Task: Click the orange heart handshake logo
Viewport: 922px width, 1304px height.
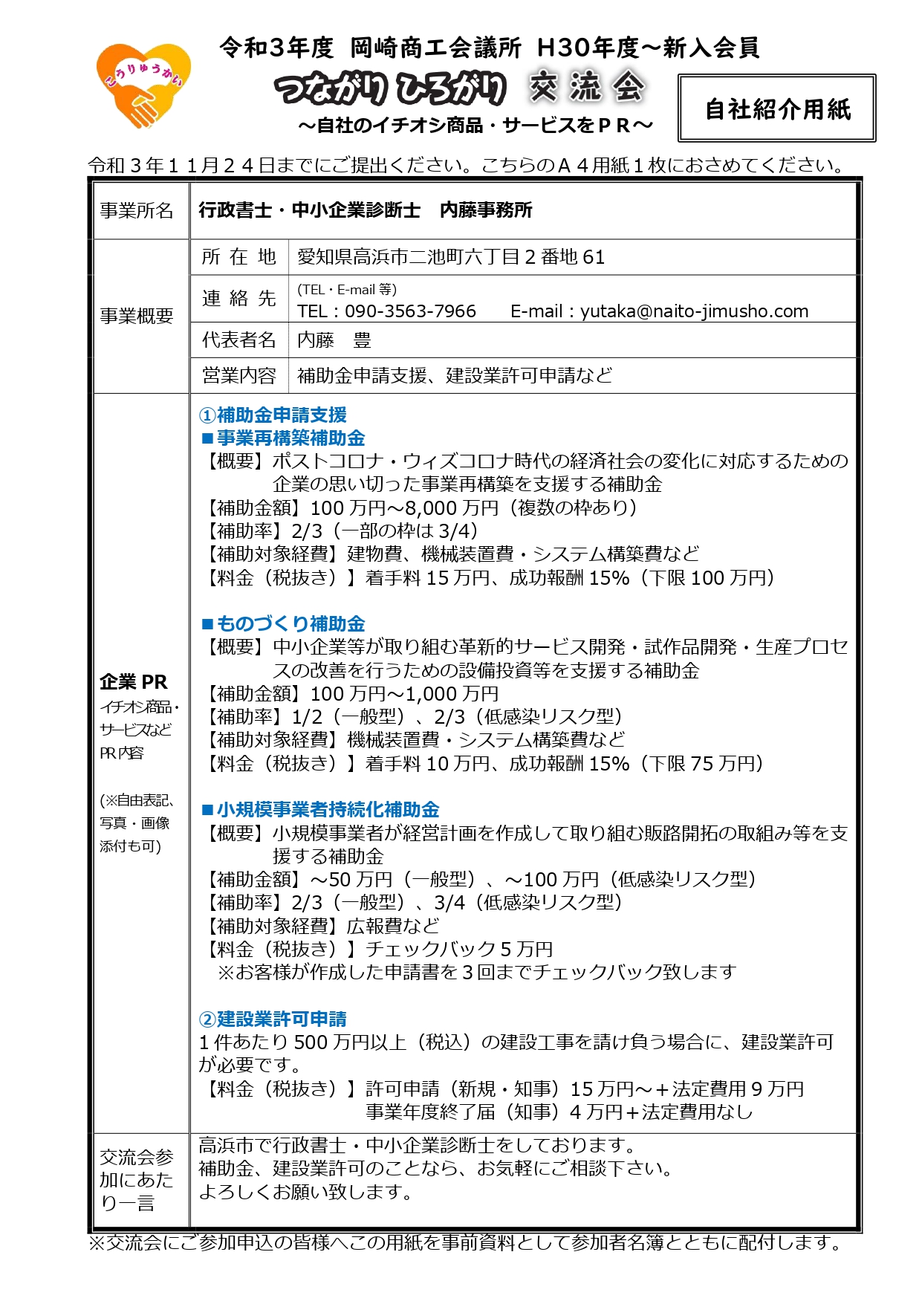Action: click(143, 86)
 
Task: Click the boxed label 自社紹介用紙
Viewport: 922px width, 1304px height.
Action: click(777, 109)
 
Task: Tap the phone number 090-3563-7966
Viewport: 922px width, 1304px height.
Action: click(410, 311)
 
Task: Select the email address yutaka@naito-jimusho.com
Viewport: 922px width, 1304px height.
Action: click(694, 311)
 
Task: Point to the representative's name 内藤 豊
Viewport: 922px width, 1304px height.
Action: click(334, 340)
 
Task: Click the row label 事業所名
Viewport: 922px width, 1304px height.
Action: click(137, 211)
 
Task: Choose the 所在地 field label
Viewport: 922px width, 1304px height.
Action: click(238, 257)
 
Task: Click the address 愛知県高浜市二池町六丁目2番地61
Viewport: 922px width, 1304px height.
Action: click(451, 257)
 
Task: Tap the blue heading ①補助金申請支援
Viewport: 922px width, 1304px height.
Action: click(273, 415)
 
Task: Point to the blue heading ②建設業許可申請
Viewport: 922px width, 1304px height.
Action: click(273, 1019)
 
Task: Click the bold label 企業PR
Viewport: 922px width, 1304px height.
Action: click(134, 681)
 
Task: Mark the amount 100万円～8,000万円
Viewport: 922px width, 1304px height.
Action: click(404, 508)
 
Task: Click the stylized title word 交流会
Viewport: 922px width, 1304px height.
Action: click(587, 88)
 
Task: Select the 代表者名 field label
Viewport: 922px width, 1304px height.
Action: click(238, 340)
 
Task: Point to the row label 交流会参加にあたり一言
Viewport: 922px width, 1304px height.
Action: click(137, 1179)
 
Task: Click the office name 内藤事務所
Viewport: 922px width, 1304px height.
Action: click(486, 210)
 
